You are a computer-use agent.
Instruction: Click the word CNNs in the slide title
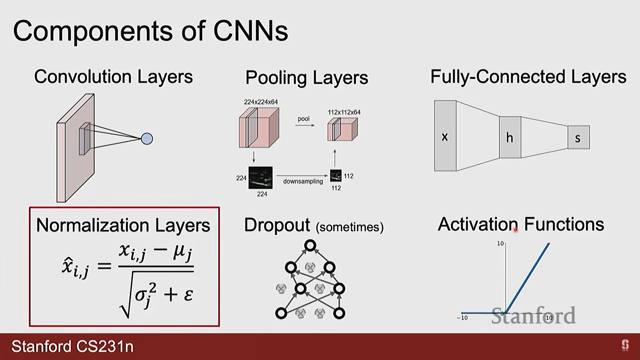[250, 31]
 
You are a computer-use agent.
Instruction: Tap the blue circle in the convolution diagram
[147, 139]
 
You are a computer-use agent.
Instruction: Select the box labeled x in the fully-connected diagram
[445, 136]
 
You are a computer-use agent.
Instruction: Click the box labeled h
[510, 137]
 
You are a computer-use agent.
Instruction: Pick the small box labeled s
[578, 137]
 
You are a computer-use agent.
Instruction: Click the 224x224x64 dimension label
[261, 102]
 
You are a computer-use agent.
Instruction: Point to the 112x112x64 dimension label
[344, 112]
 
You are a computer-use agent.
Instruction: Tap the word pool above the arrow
[303, 119]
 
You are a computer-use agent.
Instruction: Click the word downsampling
[303, 181]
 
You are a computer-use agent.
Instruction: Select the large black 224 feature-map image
[260, 178]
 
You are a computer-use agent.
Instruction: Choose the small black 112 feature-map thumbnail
[336, 176]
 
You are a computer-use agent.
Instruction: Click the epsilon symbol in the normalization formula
[188, 294]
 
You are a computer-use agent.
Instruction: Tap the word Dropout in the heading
[277, 225]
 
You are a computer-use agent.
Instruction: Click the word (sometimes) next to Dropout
[350, 227]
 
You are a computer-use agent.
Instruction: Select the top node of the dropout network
[310, 246]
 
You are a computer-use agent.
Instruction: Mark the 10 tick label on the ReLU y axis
[500, 244]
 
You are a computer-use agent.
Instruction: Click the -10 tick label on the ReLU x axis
[462, 318]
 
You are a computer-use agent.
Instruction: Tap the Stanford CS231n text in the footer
[72, 346]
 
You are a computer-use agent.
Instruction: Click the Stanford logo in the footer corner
[625, 345]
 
